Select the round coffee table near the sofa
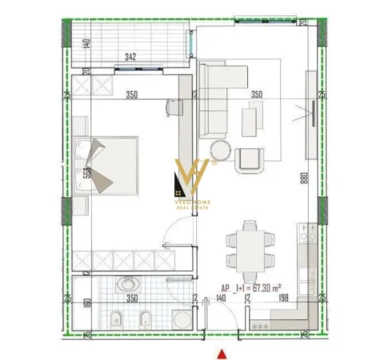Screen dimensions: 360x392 [220, 149]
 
